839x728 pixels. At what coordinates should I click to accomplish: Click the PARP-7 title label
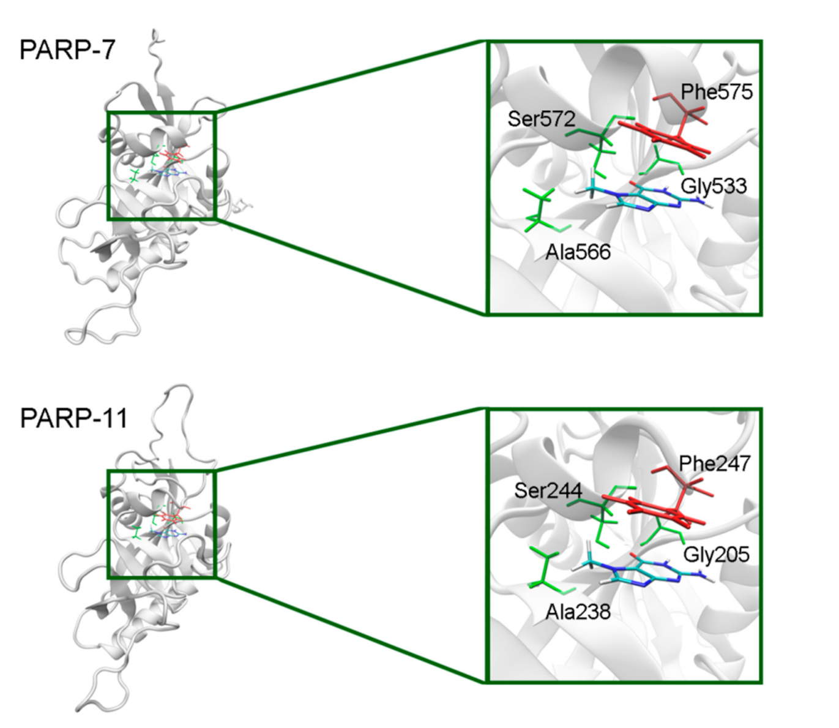[67, 50]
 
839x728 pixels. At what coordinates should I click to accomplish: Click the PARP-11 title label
[73, 419]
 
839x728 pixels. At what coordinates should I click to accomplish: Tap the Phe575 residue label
[717, 92]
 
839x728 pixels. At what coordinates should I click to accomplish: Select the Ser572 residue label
[542, 119]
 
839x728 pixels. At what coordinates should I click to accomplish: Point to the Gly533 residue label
[714, 186]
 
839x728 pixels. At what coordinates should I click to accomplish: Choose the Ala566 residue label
[578, 252]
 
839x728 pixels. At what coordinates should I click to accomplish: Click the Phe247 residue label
[714, 463]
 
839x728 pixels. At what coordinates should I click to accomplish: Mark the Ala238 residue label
[578, 611]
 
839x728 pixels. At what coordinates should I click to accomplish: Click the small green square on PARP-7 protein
[162, 165]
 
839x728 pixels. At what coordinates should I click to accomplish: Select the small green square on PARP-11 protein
[162, 524]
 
